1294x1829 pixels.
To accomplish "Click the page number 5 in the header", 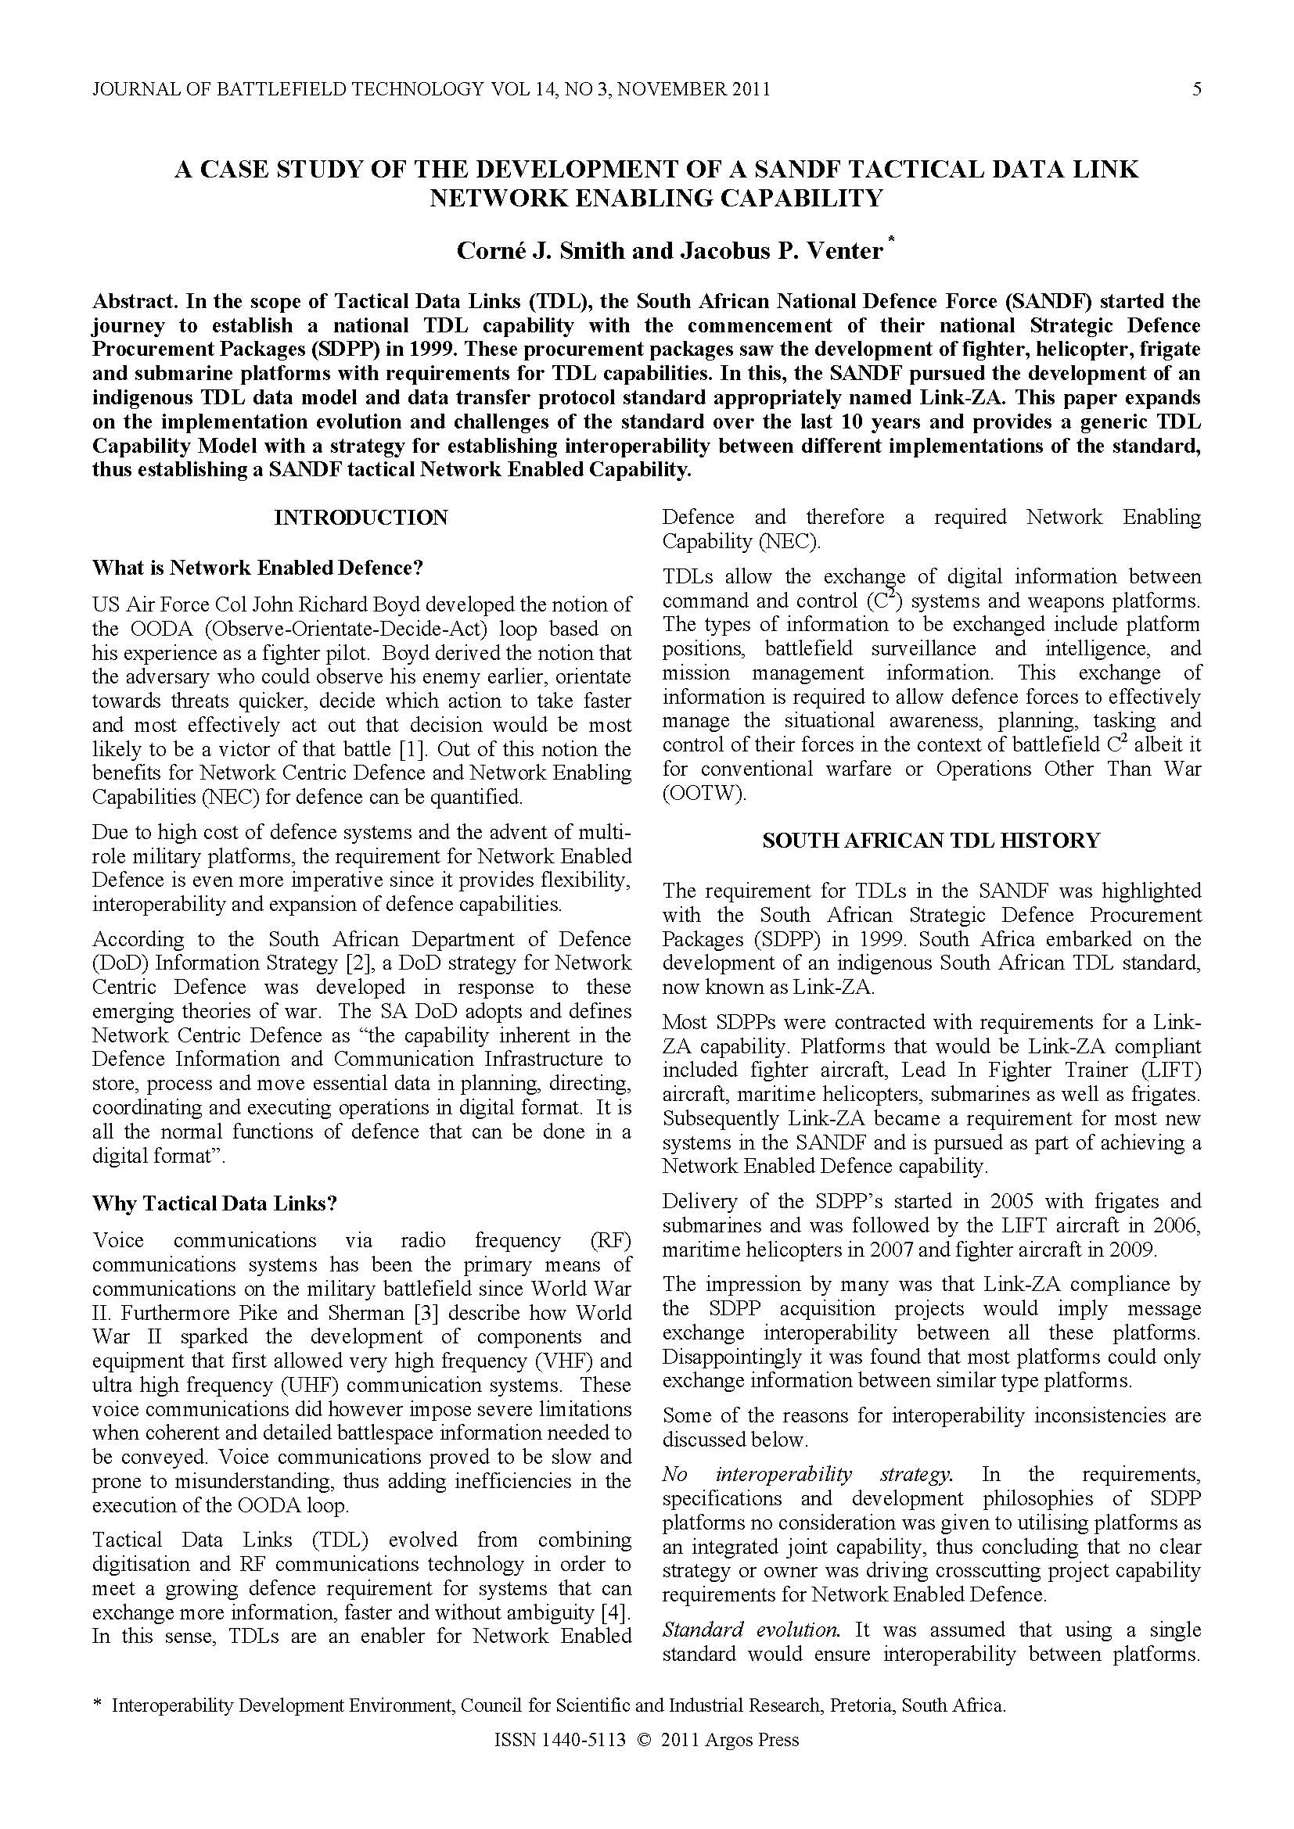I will click(x=1196, y=89).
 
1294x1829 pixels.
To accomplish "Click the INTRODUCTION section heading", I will click(x=361, y=518).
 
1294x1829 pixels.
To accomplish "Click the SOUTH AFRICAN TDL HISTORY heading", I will click(x=931, y=841).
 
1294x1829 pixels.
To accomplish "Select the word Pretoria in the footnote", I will click(x=863, y=1728).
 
